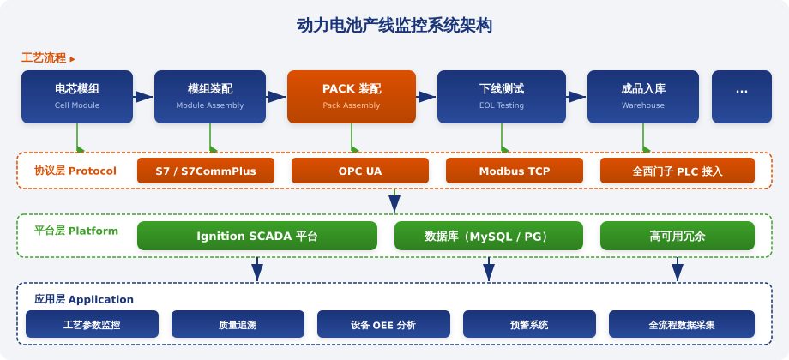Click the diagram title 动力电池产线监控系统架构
[x=394, y=25]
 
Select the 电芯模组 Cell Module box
[x=77, y=97]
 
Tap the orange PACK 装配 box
[x=352, y=97]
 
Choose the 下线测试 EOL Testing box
[x=501, y=97]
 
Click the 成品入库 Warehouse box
[x=642, y=97]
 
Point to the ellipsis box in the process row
[x=741, y=97]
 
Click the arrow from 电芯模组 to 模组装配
[x=143, y=97]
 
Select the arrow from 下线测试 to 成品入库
[x=576, y=97]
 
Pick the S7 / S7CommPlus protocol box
[x=205, y=171]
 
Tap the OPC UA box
[x=360, y=171]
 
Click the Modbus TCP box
[x=515, y=171]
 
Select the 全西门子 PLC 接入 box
[x=678, y=171]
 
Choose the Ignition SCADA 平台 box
[x=257, y=236]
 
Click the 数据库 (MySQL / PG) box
[x=489, y=236]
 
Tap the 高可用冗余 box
[x=678, y=236]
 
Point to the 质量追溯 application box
[x=238, y=324]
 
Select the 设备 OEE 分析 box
[x=383, y=324]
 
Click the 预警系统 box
[x=529, y=324]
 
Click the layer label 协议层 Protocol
[x=75, y=171]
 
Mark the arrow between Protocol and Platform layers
[x=394, y=201]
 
